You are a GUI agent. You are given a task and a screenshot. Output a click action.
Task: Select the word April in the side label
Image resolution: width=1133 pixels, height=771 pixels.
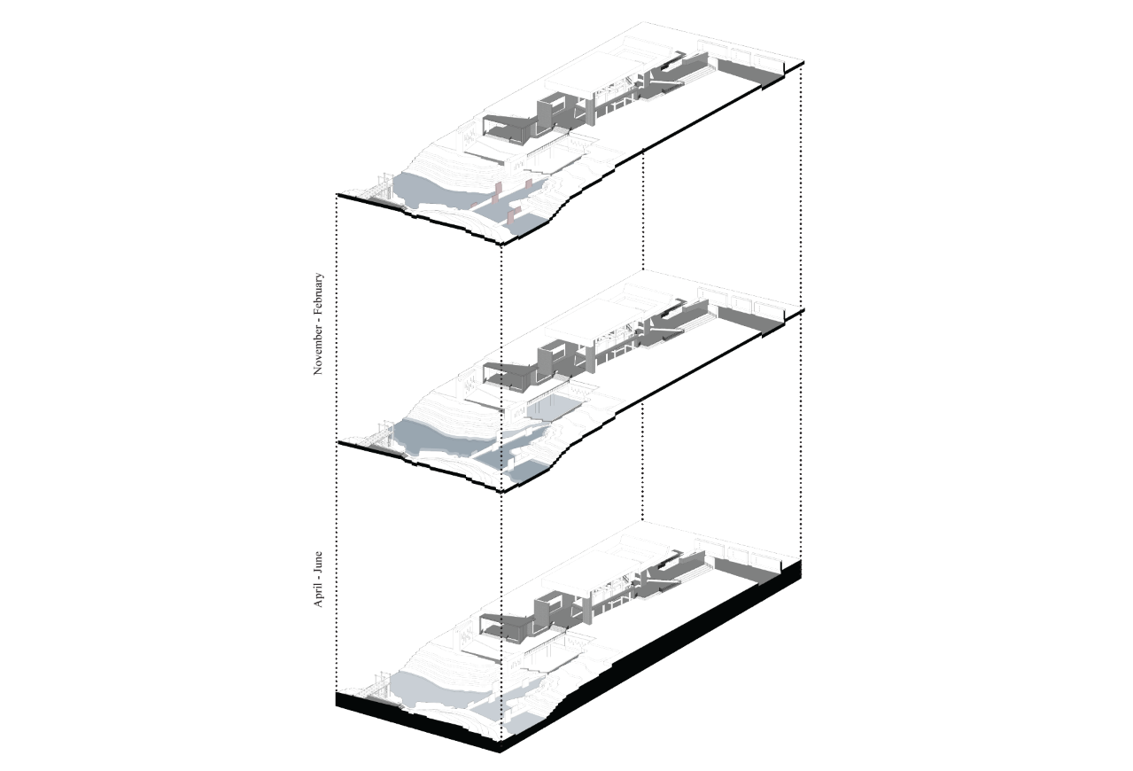click(x=318, y=595)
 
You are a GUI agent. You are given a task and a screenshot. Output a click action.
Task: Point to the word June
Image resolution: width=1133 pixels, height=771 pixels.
click(x=318, y=562)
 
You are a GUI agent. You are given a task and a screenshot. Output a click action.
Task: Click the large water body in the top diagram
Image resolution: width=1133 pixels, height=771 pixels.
click(x=430, y=192)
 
